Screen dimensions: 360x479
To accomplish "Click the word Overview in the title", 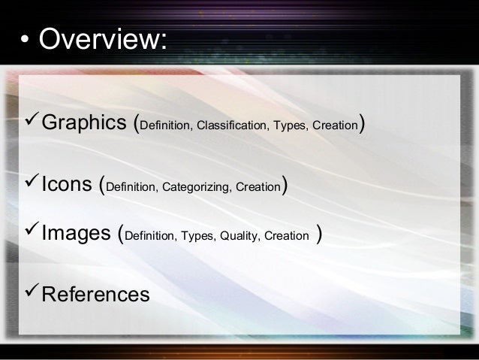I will pos(101,40).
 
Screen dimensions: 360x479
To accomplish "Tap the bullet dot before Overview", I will pos(25,41).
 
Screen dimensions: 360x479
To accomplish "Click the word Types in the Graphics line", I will pos(291,126).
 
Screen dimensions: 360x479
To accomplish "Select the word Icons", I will pos(68,185).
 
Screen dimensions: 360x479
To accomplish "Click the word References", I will pos(95,294).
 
